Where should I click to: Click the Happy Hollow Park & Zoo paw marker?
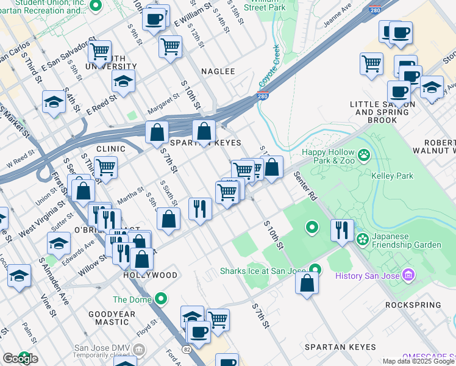[x=364, y=156]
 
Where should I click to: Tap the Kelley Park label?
[x=392, y=176]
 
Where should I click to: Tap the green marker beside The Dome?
[x=161, y=299]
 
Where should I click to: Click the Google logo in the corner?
[x=20, y=358]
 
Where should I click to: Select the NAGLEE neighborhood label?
[x=215, y=71]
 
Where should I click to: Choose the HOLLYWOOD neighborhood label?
[x=150, y=275]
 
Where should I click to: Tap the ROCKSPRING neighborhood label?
[x=411, y=304]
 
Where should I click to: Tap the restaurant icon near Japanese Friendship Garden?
[x=342, y=230]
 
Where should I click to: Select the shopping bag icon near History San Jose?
[x=307, y=283]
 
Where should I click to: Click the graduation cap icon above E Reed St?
[x=123, y=81]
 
